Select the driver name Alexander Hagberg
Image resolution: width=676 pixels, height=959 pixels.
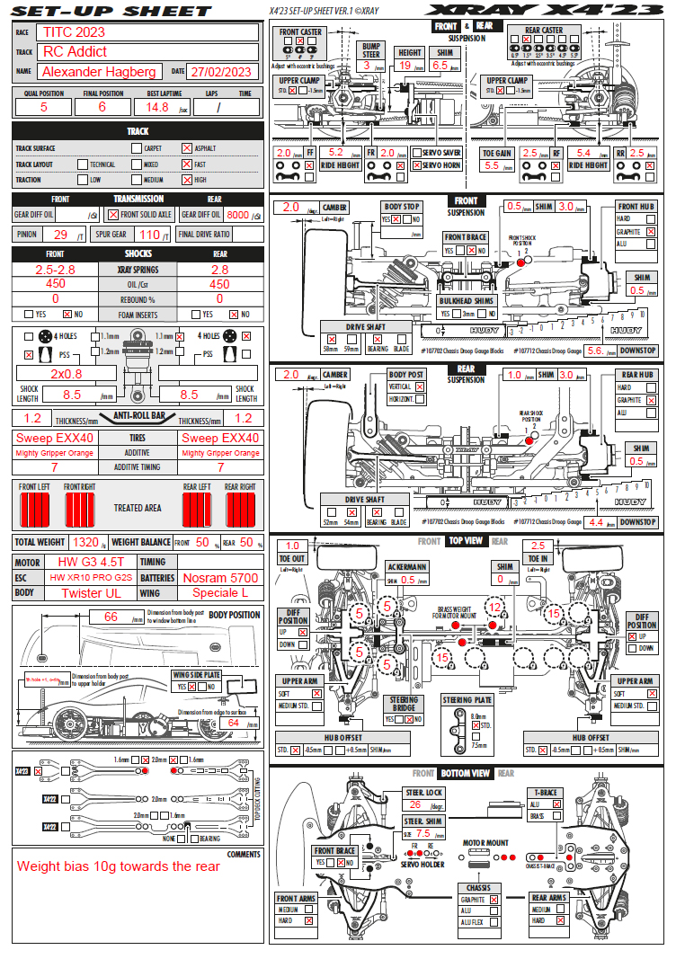coord(100,72)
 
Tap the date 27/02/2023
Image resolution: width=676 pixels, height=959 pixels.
coord(222,72)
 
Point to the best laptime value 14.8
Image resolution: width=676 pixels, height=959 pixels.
coord(157,107)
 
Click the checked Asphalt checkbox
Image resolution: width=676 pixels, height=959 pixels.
coord(186,148)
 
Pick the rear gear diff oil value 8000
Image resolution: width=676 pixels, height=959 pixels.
coord(237,215)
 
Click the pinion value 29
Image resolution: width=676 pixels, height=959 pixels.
coord(61,235)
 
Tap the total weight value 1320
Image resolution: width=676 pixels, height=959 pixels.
coord(85,542)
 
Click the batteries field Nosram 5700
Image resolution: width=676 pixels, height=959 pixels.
coord(219,578)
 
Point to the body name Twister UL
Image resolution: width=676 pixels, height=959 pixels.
coord(90,593)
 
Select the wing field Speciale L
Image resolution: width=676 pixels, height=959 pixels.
coord(219,593)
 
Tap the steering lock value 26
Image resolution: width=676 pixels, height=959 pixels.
coord(414,805)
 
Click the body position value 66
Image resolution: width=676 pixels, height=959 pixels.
coord(111,617)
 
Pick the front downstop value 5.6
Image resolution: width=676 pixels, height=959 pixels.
coord(594,351)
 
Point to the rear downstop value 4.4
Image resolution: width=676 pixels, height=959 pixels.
coord(594,521)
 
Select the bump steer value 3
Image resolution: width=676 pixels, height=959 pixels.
coord(367,66)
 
